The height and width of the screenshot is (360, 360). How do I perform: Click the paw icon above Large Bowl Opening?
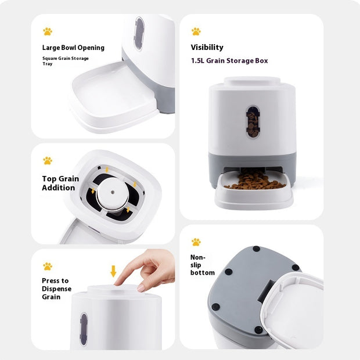point(47,31)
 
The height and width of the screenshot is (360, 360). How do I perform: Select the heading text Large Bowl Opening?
point(73,48)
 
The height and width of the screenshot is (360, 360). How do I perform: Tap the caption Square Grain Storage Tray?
point(65,61)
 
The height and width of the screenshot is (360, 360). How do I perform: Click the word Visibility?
point(207,48)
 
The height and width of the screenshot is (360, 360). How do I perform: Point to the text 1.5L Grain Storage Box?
point(229,60)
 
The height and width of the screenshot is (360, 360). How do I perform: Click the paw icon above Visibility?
point(196,31)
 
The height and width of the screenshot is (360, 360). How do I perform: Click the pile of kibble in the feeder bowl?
point(254,182)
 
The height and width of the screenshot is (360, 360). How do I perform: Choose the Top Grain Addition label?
point(60,183)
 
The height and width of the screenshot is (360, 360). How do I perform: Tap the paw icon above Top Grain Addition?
point(47,161)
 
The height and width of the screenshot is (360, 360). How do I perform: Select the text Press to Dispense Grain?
point(56,289)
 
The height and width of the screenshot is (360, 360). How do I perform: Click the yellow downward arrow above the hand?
point(113,271)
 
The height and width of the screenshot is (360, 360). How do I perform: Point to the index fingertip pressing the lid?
point(118,282)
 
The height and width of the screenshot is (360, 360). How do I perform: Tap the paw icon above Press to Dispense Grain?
point(47,266)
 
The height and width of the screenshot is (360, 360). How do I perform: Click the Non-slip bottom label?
point(202,265)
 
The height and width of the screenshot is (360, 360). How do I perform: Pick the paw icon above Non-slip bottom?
point(196,242)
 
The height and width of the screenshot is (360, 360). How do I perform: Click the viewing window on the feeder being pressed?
point(84,328)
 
